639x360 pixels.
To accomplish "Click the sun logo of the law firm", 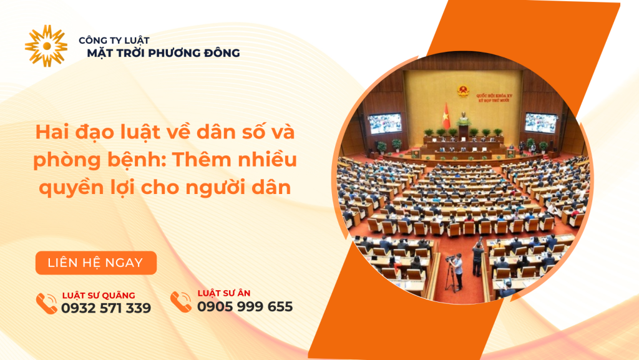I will point(46,46).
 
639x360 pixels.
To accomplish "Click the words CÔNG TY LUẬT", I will point(114,40).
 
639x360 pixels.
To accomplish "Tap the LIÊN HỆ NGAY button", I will point(95,263).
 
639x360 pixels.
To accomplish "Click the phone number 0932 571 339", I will point(106,308).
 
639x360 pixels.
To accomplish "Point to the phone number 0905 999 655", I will point(245,306).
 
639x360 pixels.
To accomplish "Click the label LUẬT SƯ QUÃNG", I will point(99,295).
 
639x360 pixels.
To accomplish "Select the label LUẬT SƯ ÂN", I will point(224,293).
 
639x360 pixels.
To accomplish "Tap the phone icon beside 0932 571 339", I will point(46,304).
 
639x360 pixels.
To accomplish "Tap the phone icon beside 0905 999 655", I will point(181,302).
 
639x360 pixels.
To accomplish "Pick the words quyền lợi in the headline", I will point(78,188).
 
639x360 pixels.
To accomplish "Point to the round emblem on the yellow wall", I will point(462,92).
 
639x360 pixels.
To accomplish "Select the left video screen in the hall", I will point(384,122).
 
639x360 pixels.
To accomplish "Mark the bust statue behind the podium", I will point(463,119).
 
